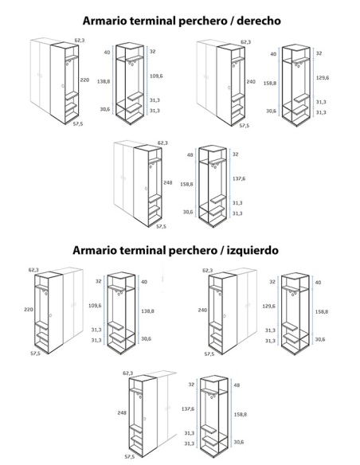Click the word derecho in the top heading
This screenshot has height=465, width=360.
259,21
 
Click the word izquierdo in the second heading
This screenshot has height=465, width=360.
252,250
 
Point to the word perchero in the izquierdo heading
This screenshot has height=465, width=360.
193,251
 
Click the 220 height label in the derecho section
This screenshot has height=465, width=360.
84,80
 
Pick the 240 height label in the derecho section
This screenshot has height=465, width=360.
251,81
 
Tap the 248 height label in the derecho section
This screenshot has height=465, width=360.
168,182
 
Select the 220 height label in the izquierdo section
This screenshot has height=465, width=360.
29,309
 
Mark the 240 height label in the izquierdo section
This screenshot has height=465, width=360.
202,310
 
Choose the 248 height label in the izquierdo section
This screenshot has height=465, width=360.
122,412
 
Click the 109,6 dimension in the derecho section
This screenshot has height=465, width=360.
156,76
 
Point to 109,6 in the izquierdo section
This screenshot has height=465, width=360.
95,305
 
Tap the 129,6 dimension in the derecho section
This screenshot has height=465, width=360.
323,78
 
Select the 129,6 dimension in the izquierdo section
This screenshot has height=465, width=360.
268,306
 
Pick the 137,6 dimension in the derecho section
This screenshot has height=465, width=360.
239,178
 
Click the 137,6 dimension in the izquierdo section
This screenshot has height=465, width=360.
188,409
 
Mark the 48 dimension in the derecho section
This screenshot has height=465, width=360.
190,154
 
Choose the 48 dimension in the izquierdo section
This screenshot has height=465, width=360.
237,385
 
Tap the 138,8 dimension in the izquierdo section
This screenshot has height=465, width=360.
147,311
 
